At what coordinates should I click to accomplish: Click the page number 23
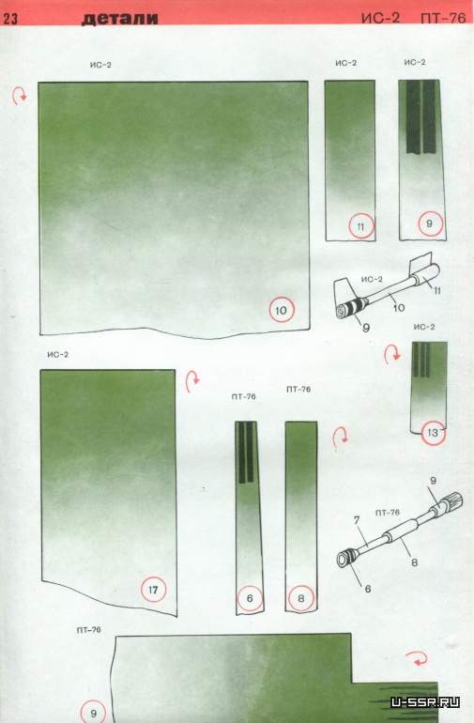click(x=10, y=19)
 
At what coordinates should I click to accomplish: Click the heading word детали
click(x=120, y=19)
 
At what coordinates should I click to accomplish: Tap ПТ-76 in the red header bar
click(x=444, y=18)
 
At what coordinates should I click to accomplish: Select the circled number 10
click(x=282, y=310)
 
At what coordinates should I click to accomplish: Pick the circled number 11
click(x=360, y=226)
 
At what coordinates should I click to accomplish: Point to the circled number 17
click(x=153, y=590)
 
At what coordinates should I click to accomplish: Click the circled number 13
click(x=433, y=433)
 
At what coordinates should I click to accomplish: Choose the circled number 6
click(x=250, y=598)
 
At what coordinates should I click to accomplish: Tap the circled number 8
click(x=301, y=598)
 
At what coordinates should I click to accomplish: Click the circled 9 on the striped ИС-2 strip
click(x=430, y=223)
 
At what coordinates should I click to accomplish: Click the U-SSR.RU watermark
click(x=425, y=702)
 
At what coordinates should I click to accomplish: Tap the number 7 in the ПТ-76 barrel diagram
click(x=357, y=520)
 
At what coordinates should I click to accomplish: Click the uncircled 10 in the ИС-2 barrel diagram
click(x=399, y=308)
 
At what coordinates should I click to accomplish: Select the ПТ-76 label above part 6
click(x=243, y=396)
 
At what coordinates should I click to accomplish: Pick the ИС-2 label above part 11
click(x=345, y=63)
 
